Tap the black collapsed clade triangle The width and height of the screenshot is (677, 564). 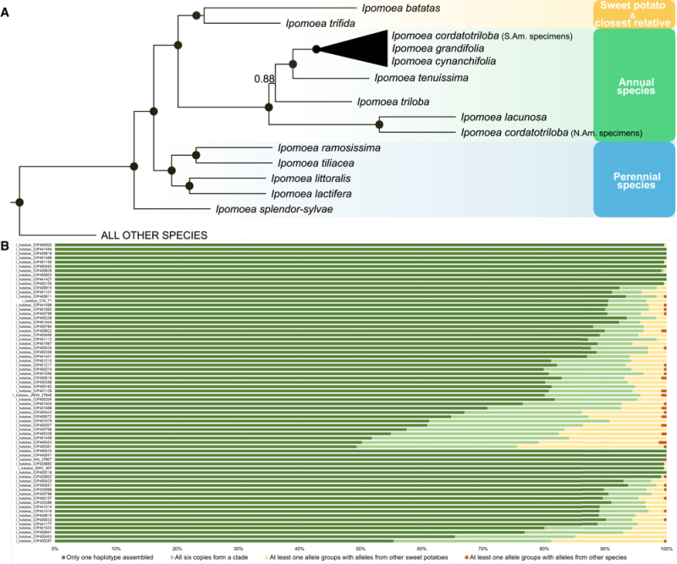coord(355,48)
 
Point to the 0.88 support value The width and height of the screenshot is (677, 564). coord(265,79)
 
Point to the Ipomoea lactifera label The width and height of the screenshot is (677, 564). coord(308,194)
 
